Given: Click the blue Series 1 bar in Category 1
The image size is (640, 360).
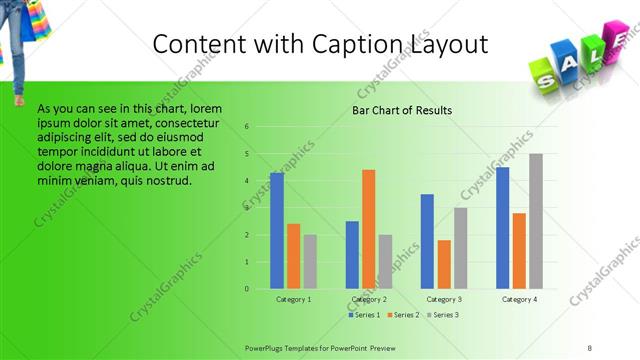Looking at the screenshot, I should (277, 231).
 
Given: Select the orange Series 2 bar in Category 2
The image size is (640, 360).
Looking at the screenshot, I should (369, 229).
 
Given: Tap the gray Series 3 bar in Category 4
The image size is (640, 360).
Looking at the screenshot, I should (536, 221).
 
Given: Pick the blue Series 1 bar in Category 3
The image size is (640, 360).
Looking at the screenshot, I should (427, 241).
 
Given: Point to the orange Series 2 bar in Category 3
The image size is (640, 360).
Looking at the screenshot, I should (444, 264).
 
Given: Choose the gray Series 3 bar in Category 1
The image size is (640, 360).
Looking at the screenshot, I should (310, 262).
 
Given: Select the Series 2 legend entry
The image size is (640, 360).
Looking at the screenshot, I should (403, 315).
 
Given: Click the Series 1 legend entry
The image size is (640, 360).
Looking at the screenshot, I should (364, 315).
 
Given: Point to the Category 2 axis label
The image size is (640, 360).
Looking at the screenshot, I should (369, 300).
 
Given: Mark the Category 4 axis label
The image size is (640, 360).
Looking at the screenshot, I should (519, 300).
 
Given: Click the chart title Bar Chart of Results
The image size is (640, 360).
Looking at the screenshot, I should (402, 110).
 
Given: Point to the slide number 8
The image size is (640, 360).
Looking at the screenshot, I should (591, 347).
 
